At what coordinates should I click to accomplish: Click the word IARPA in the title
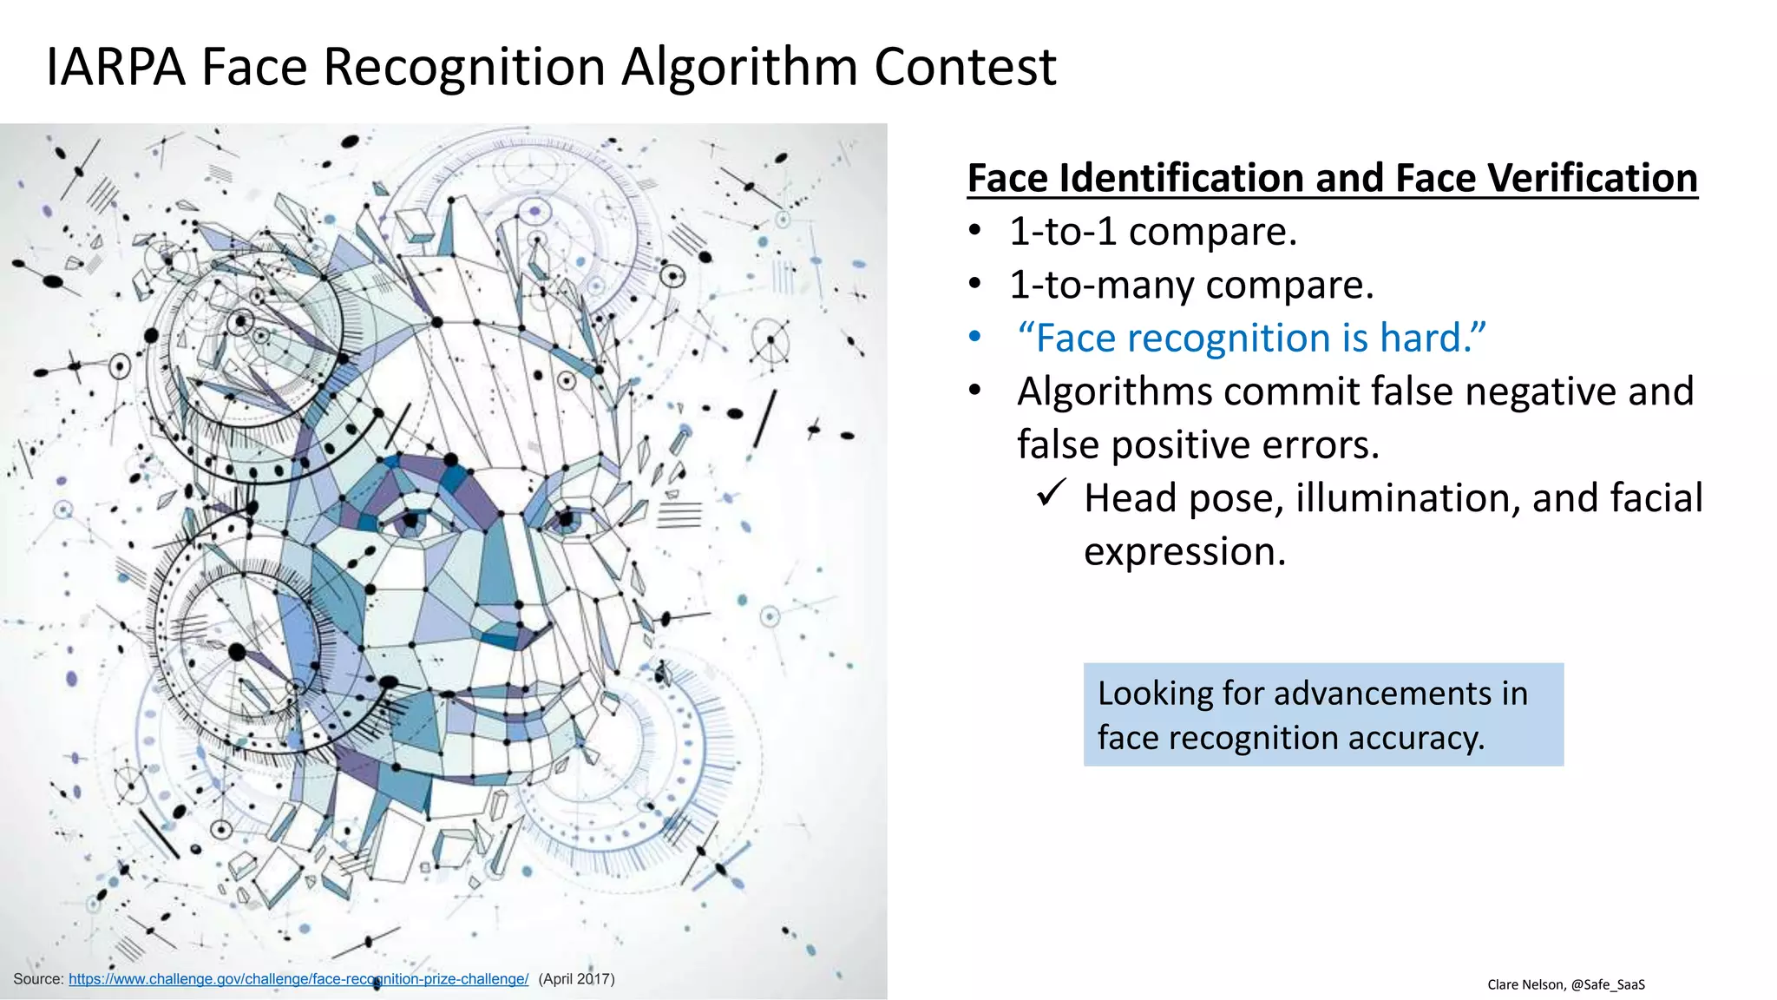[115, 67]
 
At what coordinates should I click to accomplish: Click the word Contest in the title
[965, 67]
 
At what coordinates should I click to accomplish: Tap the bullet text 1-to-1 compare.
[1152, 232]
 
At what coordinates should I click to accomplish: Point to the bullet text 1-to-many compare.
[1191, 285]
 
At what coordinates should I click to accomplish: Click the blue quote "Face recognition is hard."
[1251, 338]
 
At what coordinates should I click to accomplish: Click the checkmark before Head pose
[1051, 495]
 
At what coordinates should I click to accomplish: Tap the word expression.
[1184, 551]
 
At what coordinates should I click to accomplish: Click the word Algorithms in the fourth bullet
[1114, 391]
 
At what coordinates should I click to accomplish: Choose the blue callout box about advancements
[1323, 714]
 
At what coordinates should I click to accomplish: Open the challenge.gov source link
[298, 979]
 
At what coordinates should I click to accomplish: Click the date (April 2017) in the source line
[576, 979]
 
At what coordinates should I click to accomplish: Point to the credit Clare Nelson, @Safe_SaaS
[1566, 984]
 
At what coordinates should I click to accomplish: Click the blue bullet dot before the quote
[975, 337]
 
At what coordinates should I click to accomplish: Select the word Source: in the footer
[38, 979]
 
